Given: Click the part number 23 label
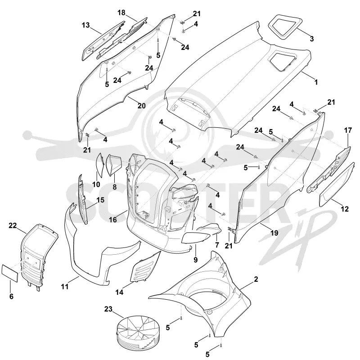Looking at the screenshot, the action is [108, 309].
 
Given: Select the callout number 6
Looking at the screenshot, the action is [11, 297].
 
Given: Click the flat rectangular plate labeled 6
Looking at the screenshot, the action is [10, 273].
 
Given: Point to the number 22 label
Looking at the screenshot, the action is [13, 226].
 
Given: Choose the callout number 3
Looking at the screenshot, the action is [311, 39].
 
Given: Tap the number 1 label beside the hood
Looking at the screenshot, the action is [316, 82].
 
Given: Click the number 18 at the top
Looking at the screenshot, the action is [121, 13].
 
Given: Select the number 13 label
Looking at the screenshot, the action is [85, 25].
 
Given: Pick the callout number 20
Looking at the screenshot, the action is [142, 106].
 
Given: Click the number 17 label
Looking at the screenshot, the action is [348, 130].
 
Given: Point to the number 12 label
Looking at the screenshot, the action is [345, 209].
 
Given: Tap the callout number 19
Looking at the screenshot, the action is [274, 233].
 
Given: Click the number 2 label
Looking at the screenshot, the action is [256, 279].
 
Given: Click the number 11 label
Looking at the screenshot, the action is [65, 287].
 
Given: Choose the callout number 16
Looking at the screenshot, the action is [113, 220].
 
